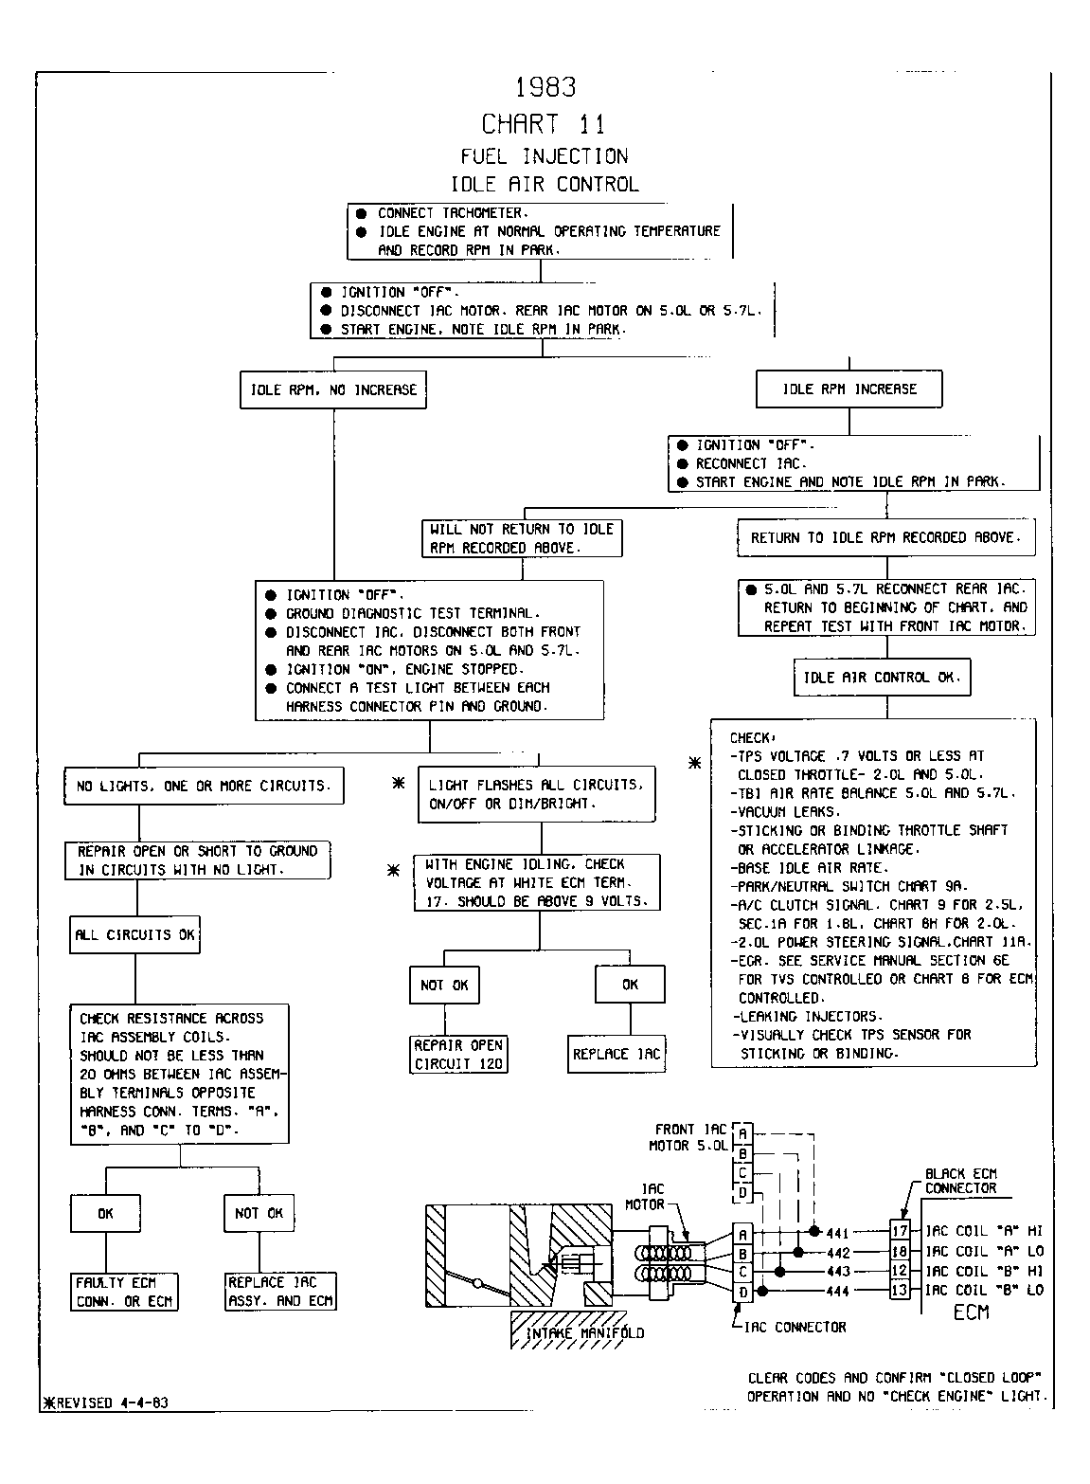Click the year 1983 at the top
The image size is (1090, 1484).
point(545,87)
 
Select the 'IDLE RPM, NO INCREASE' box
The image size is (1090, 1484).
point(333,389)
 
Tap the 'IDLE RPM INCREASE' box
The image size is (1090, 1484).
point(849,389)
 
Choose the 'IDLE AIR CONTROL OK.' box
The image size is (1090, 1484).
point(882,677)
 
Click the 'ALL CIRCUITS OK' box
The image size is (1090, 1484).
point(134,934)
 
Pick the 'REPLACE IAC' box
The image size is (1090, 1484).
point(616,1054)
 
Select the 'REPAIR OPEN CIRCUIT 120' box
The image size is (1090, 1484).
point(458,1055)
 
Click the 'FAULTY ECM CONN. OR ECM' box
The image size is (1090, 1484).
point(124,1292)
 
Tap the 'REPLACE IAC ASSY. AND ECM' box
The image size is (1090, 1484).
point(280,1292)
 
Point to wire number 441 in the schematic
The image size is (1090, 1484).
point(838,1233)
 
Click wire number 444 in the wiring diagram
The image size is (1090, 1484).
point(838,1291)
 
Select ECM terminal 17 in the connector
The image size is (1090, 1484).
point(900,1231)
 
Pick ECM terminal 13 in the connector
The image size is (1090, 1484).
point(900,1290)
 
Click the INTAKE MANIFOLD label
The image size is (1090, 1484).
point(584,1332)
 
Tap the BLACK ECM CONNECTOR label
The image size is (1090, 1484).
point(961,1181)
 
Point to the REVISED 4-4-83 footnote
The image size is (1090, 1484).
point(105,1403)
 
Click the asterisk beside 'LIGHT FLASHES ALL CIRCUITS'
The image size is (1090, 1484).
point(398,783)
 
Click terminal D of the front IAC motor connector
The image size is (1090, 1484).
point(742,1192)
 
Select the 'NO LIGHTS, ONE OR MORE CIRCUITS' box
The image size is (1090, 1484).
point(204,786)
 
